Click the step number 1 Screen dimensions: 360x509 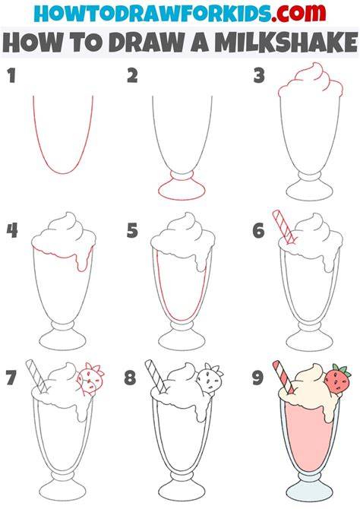pyautogui.click(x=11, y=75)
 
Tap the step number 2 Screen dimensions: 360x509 pyautogui.click(x=132, y=75)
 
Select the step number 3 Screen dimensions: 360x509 pyautogui.click(x=259, y=75)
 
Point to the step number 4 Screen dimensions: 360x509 pyautogui.click(x=12, y=230)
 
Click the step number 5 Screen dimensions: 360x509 pyautogui.click(x=132, y=230)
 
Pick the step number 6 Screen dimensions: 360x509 pyautogui.click(x=258, y=230)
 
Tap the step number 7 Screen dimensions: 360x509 pyautogui.click(x=11, y=378)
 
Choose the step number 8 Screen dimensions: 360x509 pyautogui.click(x=130, y=378)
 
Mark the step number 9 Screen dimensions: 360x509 pyautogui.click(x=257, y=378)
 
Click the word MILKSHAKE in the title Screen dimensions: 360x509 pyautogui.click(x=286, y=43)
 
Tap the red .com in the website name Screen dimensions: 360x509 pyautogui.click(x=299, y=14)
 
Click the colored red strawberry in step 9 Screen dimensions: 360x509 pyautogui.click(x=338, y=378)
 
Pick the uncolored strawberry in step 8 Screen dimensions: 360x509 pyautogui.click(x=210, y=378)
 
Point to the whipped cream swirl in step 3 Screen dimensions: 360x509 pyautogui.click(x=311, y=80)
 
